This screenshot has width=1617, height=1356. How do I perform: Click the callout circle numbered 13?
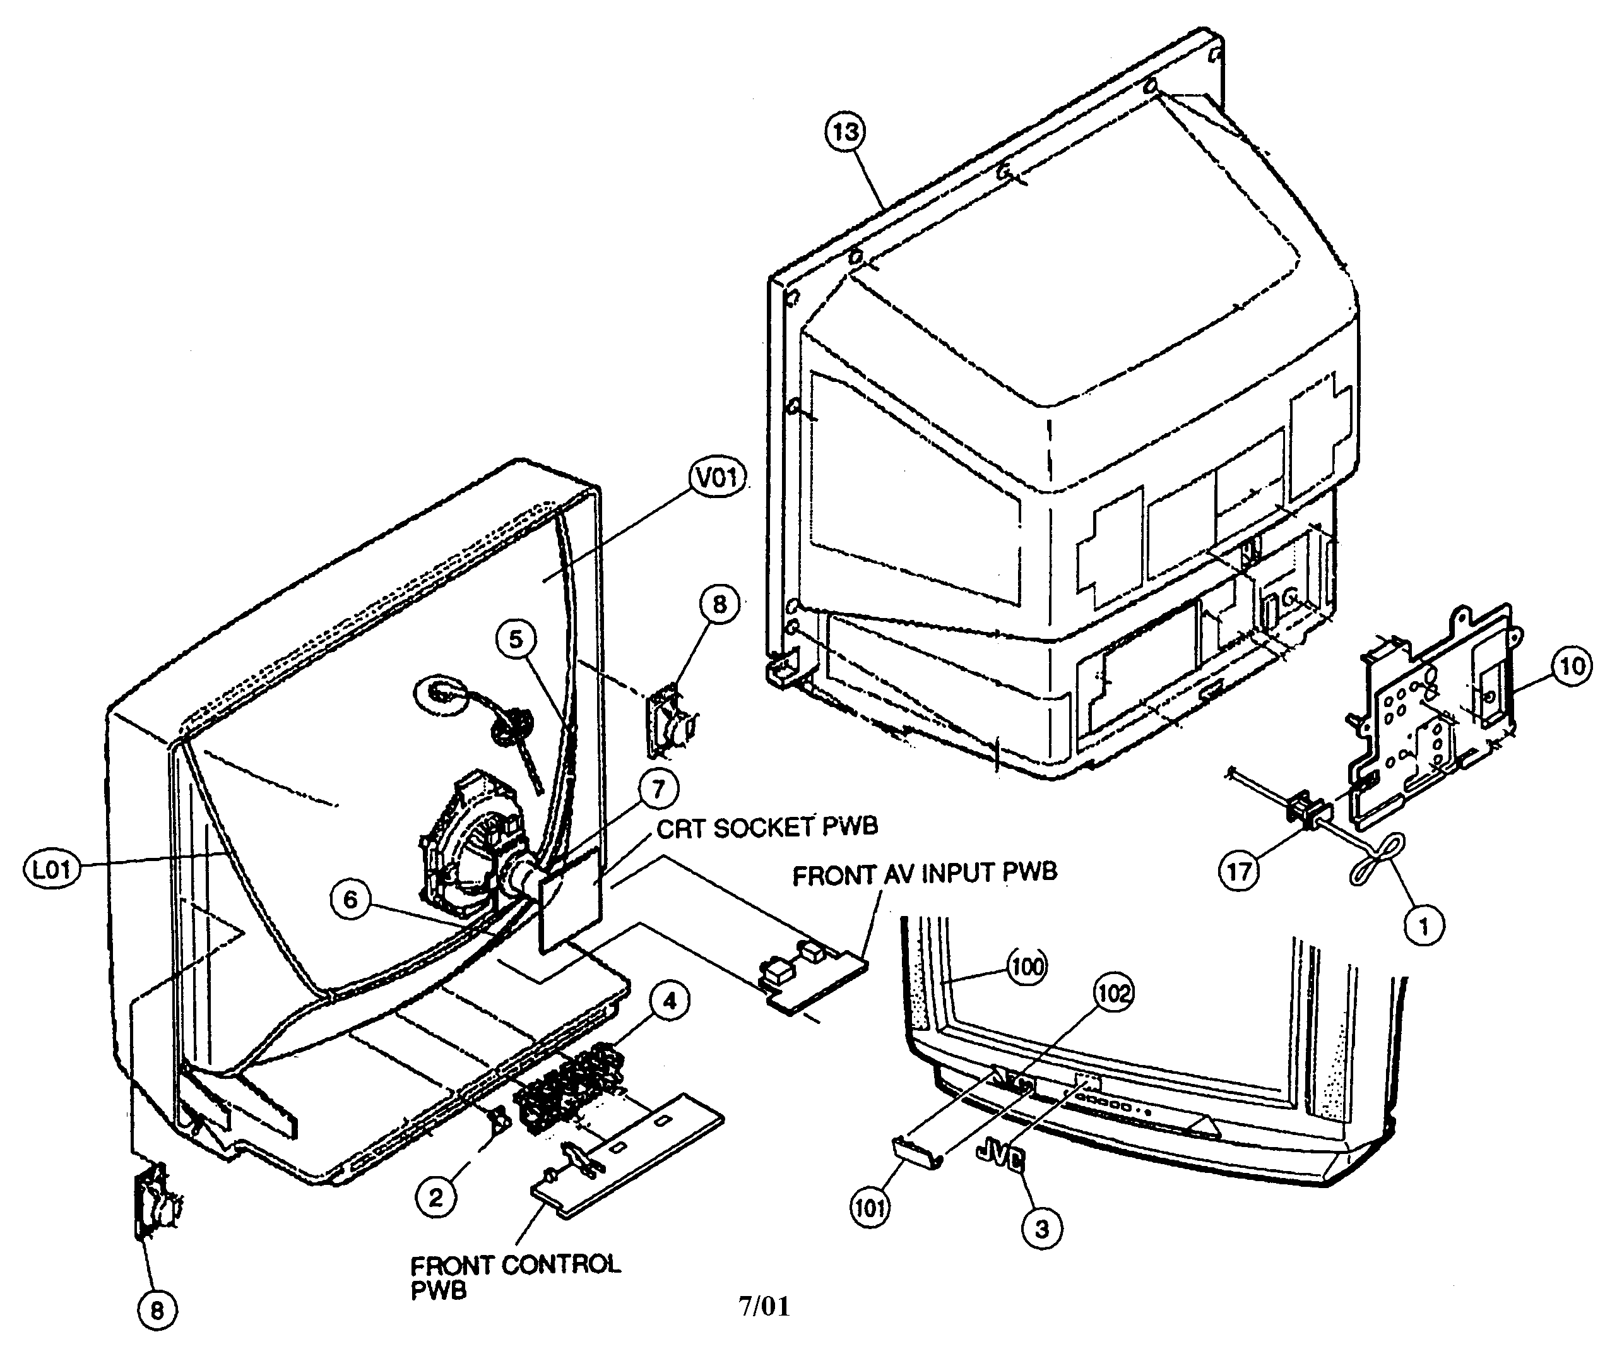pyautogui.click(x=846, y=132)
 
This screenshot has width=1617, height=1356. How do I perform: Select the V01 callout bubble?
pyautogui.click(x=717, y=477)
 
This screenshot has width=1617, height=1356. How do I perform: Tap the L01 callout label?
pyautogui.click(x=52, y=870)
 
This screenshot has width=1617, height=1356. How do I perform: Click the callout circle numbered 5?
pyautogui.click(x=516, y=638)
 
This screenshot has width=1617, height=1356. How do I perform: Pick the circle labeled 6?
pyautogui.click(x=350, y=898)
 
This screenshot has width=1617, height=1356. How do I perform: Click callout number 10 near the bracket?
pyautogui.click(x=1572, y=666)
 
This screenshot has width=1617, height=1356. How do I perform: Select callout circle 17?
pyautogui.click(x=1239, y=872)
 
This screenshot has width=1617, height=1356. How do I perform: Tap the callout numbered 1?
pyautogui.click(x=1423, y=926)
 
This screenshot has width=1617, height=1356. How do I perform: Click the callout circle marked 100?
pyautogui.click(x=1027, y=966)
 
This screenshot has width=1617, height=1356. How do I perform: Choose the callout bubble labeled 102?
pyautogui.click(x=1114, y=994)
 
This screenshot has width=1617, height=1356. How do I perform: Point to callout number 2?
pyautogui.click(x=436, y=1198)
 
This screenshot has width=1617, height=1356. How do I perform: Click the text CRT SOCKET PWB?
pyautogui.click(x=767, y=828)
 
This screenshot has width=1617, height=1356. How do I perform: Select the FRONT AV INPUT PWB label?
pyautogui.click(x=925, y=874)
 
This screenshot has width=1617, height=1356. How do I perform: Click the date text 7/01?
pyautogui.click(x=764, y=1306)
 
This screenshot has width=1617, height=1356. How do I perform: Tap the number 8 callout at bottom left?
pyautogui.click(x=157, y=1311)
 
